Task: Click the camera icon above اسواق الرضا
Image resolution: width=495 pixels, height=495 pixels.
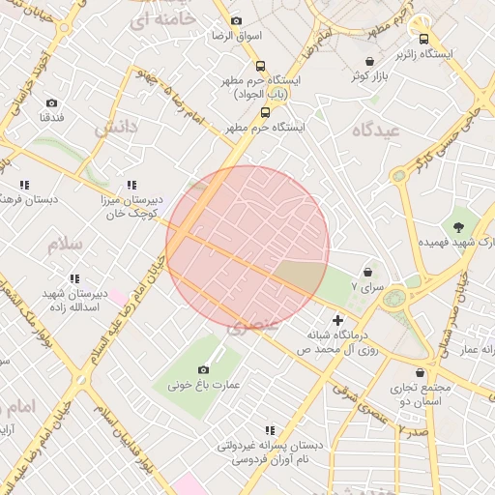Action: pyautogui.click(x=236, y=21)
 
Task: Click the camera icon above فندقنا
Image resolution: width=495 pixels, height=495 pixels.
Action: pyautogui.click(x=51, y=102)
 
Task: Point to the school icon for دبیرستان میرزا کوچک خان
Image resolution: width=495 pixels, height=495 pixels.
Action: pyautogui.click(x=131, y=185)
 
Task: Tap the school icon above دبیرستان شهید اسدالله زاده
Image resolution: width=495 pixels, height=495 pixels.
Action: pyautogui.click(x=74, y=278)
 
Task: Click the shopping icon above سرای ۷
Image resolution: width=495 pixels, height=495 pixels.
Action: pyautogui.click(x=367, y=272)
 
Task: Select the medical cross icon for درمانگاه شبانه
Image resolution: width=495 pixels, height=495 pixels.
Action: pyautogui.click(x=337, y=319)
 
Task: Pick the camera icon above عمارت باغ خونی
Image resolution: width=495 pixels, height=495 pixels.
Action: pyautogui.click(x=203, y=369)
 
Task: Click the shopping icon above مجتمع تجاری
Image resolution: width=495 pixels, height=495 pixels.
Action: pyautogui.click(x=420, y=372)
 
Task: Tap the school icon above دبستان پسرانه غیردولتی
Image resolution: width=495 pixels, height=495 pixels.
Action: pyautogui.click(x=269, y=430)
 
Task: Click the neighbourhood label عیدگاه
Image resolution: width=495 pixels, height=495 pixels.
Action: pyautogui.click(x=376, y=129)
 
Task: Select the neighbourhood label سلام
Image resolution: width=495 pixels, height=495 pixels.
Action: pyautogui.click(x=64, y=246)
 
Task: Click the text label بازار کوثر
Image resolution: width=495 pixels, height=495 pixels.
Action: pyautogui.click(x=371, y=74)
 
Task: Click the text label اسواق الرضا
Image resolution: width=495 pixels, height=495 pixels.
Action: pyautogui.click(x=236, y=36)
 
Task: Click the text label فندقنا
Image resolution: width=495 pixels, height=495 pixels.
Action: pyautogui.click(x=51, y=117)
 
